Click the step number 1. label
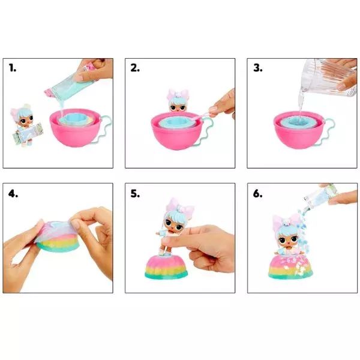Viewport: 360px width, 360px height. coord(13,68)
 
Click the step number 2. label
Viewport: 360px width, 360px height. coord(135,68)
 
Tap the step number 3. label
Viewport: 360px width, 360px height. coord(258,68)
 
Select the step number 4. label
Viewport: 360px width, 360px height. coord(13,194)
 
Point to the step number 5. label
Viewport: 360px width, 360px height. coord(135,194)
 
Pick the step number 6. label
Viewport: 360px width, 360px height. coord(258,194)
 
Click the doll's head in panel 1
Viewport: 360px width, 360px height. coord(24,116)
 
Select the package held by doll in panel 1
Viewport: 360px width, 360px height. coord(28,133)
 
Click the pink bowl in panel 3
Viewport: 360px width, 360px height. coord(301,130)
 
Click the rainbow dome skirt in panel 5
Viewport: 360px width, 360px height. coord(166,267)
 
